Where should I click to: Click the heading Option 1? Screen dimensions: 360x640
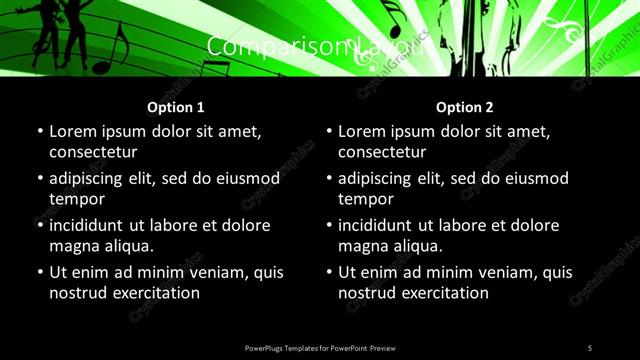coord(176,107)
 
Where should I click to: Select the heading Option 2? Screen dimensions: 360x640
coord(465,107)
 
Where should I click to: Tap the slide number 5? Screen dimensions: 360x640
coord(590,347)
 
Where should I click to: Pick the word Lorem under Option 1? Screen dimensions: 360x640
coord(74,131)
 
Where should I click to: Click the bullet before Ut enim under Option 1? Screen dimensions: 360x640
coord(39,272)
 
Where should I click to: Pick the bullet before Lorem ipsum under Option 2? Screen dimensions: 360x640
coord(328,131)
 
